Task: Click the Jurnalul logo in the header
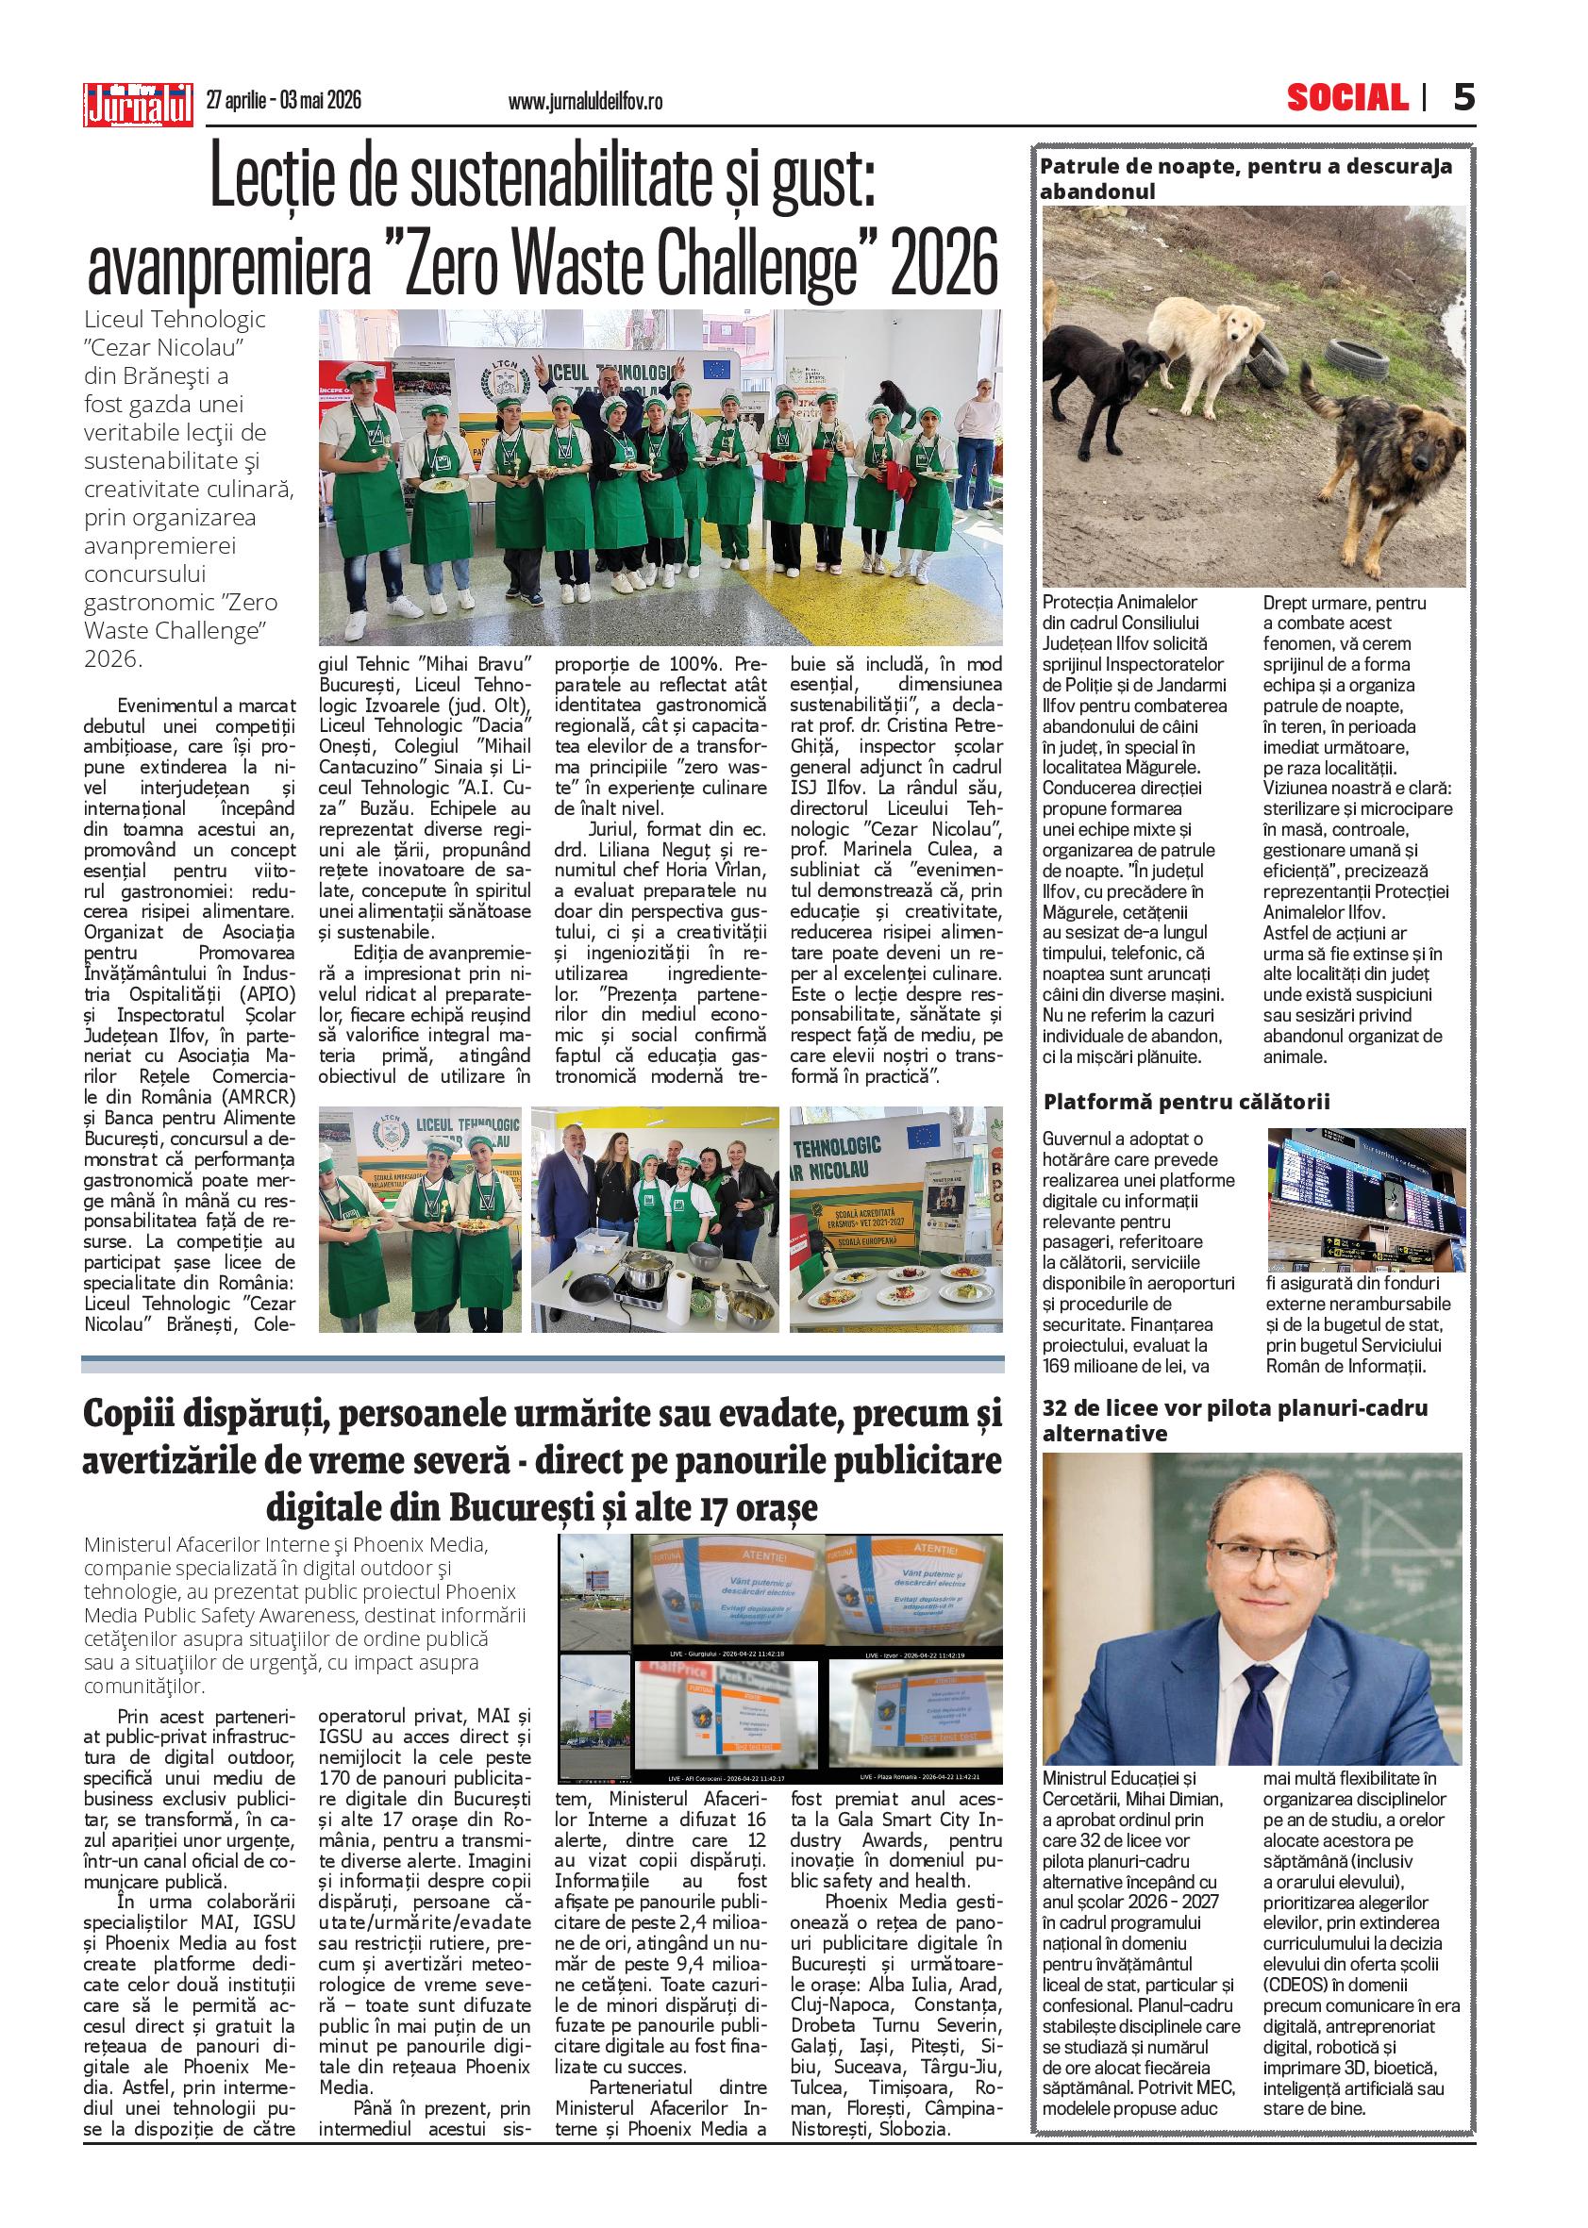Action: [139, 101]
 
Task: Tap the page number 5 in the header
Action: [1463, 98]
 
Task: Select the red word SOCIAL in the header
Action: [1346, 98]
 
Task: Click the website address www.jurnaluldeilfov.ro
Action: [586, 101]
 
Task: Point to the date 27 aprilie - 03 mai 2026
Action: [284, 100]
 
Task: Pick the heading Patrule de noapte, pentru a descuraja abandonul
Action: [1245, 178]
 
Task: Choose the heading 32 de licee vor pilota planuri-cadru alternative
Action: [1235, 1421]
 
